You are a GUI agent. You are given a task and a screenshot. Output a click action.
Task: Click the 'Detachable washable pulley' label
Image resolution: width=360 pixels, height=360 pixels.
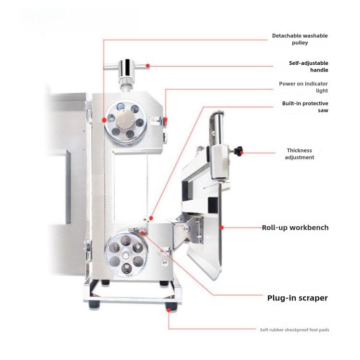click(x=300, y=39)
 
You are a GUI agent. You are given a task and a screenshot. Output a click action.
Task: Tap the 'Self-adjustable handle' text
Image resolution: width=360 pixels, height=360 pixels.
click(x=309, y=66)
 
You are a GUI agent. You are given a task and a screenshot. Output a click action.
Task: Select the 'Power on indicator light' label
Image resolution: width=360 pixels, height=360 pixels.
click(x=303, y=87)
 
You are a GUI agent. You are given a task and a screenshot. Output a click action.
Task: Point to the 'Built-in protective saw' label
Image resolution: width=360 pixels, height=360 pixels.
click(x=305, y=107)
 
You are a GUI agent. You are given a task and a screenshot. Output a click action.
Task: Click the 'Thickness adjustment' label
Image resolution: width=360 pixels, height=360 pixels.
click(x=300, y=154)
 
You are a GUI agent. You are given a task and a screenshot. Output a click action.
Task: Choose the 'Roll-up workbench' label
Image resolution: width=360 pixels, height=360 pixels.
click(x=295, y=228)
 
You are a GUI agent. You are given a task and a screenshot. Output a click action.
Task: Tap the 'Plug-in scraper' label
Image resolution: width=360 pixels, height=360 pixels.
click(x=298, y=298)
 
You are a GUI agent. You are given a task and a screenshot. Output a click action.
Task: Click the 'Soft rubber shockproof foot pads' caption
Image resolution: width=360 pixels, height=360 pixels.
click(x=294, y=330)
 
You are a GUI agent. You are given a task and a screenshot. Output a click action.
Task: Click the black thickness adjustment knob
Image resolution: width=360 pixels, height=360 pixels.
click(x=238, y=151)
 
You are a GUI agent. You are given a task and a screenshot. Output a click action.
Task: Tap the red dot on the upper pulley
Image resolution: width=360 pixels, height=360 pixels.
click(x=104, y=120)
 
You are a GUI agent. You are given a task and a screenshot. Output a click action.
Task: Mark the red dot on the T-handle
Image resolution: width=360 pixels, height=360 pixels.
click(x=148, y=66)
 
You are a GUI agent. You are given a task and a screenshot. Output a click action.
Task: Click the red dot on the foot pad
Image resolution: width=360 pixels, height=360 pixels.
click(x=169, y=310)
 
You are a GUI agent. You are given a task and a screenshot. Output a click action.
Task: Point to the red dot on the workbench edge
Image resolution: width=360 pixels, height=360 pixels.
click(x=222, y=228)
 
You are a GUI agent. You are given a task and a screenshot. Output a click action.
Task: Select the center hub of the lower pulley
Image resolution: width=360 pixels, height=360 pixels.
click(x=126, y=255)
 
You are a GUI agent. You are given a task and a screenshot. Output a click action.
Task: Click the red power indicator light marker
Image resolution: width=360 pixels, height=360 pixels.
click(x=165, y=120)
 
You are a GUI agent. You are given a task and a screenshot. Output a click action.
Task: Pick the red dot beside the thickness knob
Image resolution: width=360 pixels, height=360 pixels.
click(x=241, y=153)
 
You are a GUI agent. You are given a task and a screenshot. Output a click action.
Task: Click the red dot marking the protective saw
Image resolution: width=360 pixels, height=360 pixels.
click(x=151, y=218)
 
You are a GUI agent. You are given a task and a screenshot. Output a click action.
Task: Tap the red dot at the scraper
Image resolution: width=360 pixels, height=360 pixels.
click(x=143, y=233)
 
